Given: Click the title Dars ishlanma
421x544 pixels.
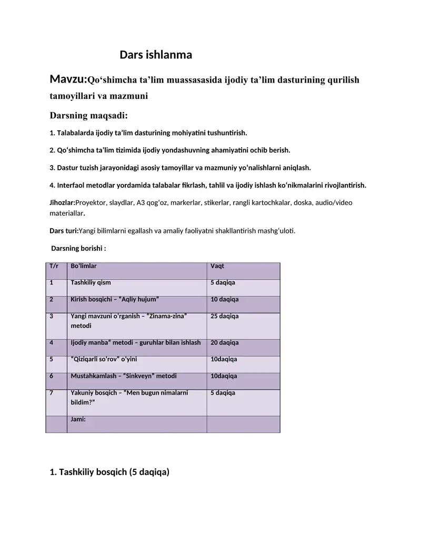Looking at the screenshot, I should coord(156,55).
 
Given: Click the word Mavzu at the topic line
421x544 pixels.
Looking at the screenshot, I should coord(67,79).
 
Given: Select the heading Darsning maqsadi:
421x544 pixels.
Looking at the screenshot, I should coord(88,115).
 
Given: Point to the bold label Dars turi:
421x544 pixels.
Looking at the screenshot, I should coord(63,230).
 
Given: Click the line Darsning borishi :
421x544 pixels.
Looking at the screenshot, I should coord(78,248).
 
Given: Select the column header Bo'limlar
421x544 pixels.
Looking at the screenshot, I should coord(84,266).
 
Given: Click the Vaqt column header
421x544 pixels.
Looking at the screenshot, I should coord(217,266).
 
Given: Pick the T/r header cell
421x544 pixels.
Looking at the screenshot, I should coord(54,266).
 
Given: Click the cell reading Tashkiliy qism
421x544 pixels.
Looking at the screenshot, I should coord(91,283).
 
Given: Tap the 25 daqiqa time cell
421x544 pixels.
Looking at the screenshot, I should coord(225,316).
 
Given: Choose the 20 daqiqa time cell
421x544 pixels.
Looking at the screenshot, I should coord(225,343).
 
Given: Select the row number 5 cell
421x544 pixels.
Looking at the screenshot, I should coord(52,360).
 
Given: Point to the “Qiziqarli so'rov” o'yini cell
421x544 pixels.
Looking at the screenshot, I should coord(104,360).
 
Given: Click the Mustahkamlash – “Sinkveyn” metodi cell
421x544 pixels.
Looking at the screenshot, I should coord(124,376).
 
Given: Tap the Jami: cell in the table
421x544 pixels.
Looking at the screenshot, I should coord(78,419).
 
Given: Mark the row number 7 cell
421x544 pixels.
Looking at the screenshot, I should coord(52,393).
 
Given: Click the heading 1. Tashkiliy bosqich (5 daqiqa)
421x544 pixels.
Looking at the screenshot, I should coord(109,472).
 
